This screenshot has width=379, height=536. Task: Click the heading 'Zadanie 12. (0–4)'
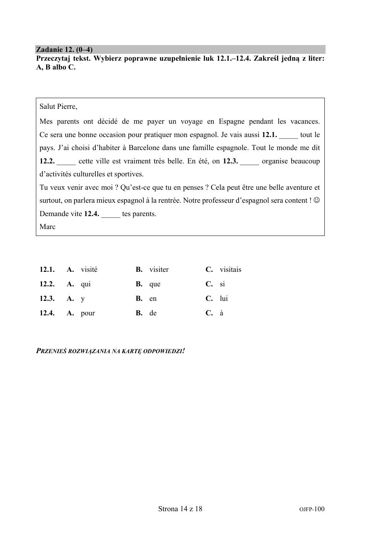pyautogui.click(x=64, y=50)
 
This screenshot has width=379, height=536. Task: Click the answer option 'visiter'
pyautogui.click(x=159, y=270)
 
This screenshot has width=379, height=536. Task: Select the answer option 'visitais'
pyautogui.click(x=230, y=270)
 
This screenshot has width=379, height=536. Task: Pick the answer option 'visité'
pyautogui.click(x=89, y=270)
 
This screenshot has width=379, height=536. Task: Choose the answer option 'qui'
pyautogui.click(x=85, y=284)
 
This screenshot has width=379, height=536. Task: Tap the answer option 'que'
pyautogui.click(x=155, y=284)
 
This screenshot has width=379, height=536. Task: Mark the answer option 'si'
pyautogui.click(x=222, y=284)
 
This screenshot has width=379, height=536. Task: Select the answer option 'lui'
pyautogui.click(x=224, y=299)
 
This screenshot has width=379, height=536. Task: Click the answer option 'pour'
pyautogui.click(x=88, y=313)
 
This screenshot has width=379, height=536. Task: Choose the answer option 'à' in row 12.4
pyautogui.click(x=221, y=313)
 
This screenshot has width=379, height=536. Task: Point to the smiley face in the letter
pyautogui.click(x=316, y=200)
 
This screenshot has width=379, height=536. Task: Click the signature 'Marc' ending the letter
pyautogui.click(x=47, y=227)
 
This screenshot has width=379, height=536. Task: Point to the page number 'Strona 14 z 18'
pyautogui.click(x=180, y=509)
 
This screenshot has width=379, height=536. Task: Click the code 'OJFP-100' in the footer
pyautogui.click(x=312, y=509)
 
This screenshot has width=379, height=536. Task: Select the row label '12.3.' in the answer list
pyautogui.click(x=47, y=299)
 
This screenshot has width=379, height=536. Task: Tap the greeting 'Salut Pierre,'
pyautogui.click(x=58, y=107)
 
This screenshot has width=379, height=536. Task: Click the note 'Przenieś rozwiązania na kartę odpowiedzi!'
pyautogui.click(x=110, y=350)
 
